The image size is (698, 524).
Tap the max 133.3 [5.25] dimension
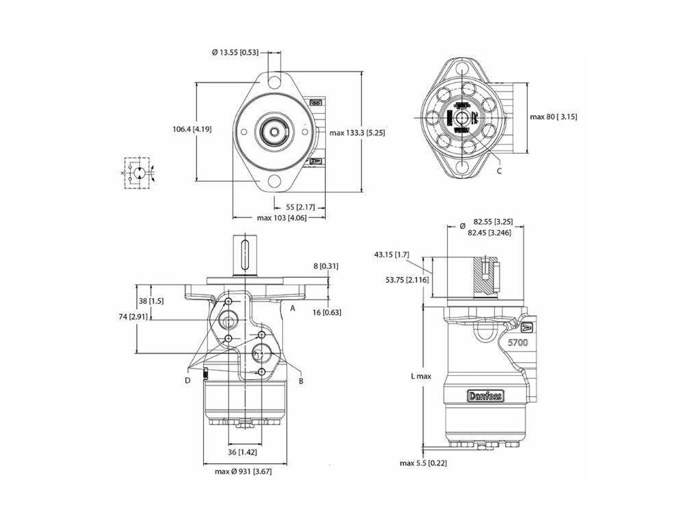tap(357, 132)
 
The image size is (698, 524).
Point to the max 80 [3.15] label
tap(553, 117)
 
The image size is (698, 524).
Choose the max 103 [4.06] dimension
tap(281, 218)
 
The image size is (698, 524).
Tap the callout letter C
tap(499, 171)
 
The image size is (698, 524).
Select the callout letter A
tap(292, 308)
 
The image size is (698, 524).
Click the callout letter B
tap(301, 381)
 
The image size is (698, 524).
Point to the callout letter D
tap(187, 380)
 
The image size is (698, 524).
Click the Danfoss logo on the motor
tap(485, 396)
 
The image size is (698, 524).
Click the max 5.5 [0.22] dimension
tap(423, 463)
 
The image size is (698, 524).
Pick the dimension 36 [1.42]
tap(242, 452)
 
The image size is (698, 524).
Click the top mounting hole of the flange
tap(275, 81)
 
